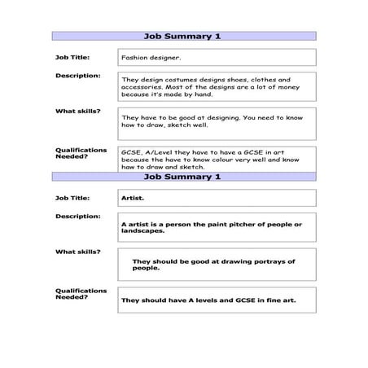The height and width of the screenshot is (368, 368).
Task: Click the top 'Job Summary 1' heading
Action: coord(182,37)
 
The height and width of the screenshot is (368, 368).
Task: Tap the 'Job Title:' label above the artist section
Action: coord(72,197)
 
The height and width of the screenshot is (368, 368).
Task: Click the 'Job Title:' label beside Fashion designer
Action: coord(72,57)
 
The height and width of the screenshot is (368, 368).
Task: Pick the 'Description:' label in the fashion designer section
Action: coord(77,75)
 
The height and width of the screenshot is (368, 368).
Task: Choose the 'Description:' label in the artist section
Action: coord(77,216)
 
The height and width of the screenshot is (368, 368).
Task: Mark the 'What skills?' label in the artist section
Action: coord(77,251)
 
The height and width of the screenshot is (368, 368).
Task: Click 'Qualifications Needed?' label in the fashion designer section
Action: coord(81,153)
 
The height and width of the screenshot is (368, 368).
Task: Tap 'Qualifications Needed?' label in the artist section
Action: coord(81,293)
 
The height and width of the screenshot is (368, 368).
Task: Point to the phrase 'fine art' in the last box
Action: coord(279,300)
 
